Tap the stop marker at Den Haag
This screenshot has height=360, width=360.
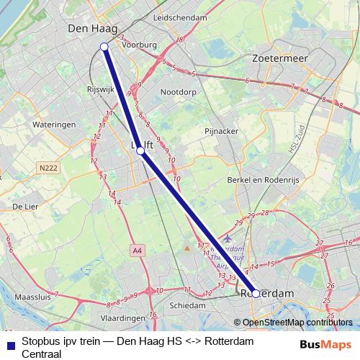(x=104, y=47)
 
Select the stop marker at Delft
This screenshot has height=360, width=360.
(x=141, y=151)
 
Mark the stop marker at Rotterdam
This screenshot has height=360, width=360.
(x=255, y=294)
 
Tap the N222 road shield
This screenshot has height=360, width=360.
(x=48, y=168)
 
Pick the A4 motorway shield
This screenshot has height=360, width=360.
(x=137, y=249)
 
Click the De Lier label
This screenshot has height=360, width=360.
(x=25, y=207)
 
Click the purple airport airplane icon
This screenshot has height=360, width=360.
(x=228, y=239)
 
